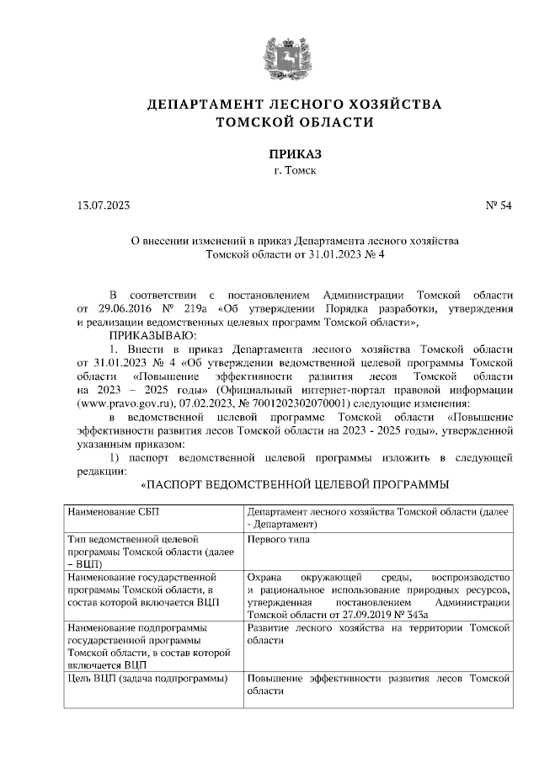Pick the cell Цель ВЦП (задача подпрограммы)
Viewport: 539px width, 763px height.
tap(144, 677)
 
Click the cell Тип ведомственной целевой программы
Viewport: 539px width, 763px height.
tap(131, 549)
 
